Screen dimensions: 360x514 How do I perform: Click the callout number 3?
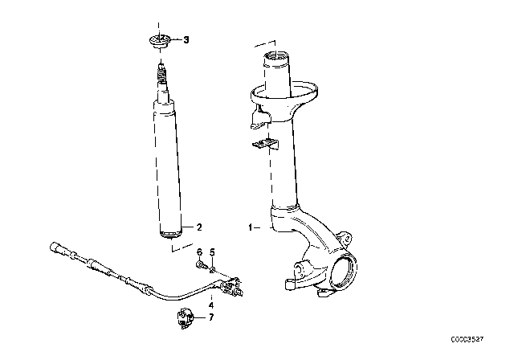tap(186, 39)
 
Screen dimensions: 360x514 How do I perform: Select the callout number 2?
tap(190, 226)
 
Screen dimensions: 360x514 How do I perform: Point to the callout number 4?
tap(211, 305)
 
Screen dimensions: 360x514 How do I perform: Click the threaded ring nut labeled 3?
tap(159, 41)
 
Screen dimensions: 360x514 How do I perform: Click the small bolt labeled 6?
tap(198, 264)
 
